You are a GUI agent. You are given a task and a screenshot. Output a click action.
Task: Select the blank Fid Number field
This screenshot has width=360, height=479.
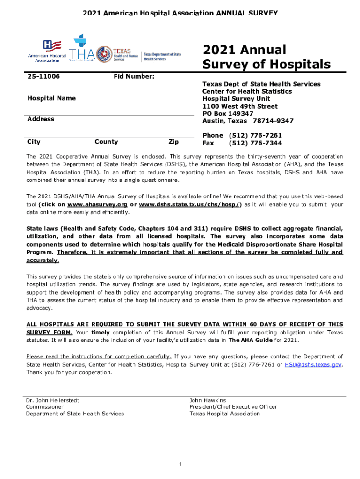click(x=176, y=77)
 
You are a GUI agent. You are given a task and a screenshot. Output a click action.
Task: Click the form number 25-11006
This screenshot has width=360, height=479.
click(x=43, y=76)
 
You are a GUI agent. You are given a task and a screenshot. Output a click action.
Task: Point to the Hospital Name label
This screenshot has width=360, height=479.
click(x=51, y=98)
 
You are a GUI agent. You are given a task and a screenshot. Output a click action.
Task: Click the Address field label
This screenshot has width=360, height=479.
click(x=41, y=119)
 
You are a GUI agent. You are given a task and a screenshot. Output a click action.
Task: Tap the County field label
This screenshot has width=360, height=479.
click(x=106, y=142)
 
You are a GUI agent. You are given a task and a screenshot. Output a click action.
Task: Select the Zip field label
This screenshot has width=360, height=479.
click(x=173, y=142)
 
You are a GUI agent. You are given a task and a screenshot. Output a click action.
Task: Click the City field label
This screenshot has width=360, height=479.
click(x=34, y=142)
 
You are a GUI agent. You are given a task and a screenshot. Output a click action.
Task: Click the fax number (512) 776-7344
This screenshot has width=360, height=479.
click(x=255, y=143)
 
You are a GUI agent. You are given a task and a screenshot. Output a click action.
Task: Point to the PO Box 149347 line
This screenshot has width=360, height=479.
click(x=228, y=114)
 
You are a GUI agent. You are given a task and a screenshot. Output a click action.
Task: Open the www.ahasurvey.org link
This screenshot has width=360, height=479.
click(x=97, y=204)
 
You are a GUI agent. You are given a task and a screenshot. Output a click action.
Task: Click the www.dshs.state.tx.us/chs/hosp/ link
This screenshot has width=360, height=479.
click(x=190, y=204)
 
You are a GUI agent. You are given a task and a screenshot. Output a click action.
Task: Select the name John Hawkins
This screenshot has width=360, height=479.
click(x=208, y=400)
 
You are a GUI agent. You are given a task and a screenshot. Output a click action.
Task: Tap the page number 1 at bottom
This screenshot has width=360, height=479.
click(x=180, y=464)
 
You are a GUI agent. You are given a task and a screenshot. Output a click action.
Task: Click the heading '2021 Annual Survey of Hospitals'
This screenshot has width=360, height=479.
click(x=266, y=57)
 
